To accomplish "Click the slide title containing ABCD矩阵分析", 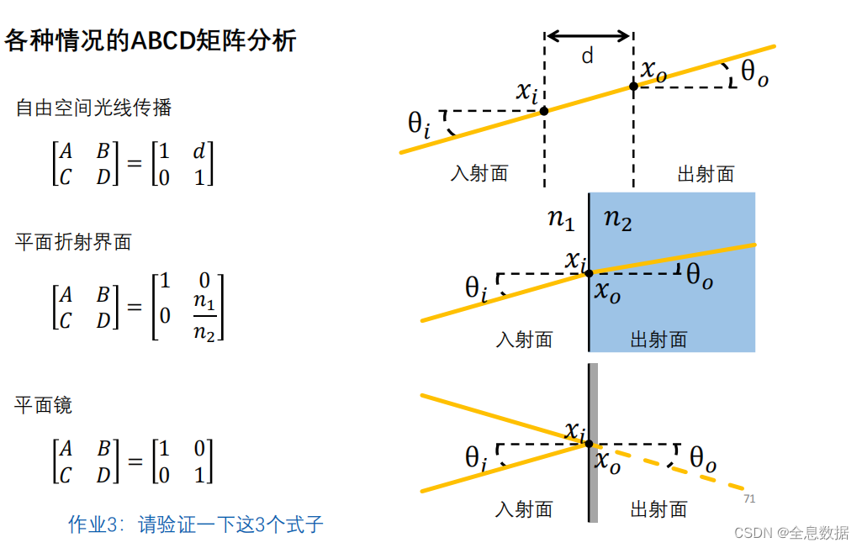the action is coord(151,40).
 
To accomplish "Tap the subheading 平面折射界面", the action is coord(74,242).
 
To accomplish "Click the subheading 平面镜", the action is coord(44,405).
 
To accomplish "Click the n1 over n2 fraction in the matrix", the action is coord(204,316).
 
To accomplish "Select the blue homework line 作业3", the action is coord(195,525).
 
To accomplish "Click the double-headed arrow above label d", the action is coord(588,35).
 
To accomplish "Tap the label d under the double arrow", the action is coord(588,56).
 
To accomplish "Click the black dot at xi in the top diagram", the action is coord(544,110).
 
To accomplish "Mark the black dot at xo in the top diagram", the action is coord(633,86).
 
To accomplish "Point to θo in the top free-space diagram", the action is coord(754,74).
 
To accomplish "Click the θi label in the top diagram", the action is coord(419,124).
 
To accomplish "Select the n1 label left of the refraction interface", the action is coord(561,219).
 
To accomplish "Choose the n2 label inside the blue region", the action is coord(618,219).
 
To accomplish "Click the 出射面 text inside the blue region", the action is coord(658,340).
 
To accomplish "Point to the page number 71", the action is coord(749,499).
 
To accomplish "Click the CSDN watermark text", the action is coord(791,534).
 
